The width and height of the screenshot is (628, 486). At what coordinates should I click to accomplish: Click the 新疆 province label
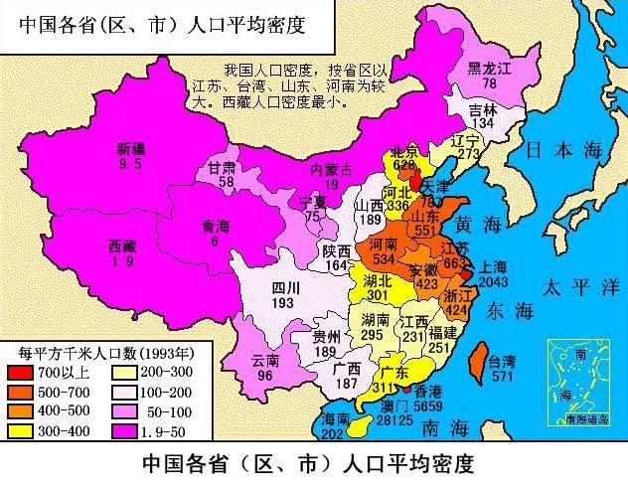tap(129, 150)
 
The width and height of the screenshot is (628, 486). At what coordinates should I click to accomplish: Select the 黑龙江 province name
tap(488, 69)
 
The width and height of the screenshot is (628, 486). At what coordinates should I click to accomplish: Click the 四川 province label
tap(285, 288)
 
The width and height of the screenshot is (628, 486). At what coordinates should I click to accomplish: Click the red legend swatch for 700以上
tap(21, 371)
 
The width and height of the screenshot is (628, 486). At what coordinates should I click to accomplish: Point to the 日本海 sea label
tap(563, 150)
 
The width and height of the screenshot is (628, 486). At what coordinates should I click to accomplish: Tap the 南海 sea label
tap(443, 430)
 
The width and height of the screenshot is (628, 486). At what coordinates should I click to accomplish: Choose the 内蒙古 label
tap(332, 171)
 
